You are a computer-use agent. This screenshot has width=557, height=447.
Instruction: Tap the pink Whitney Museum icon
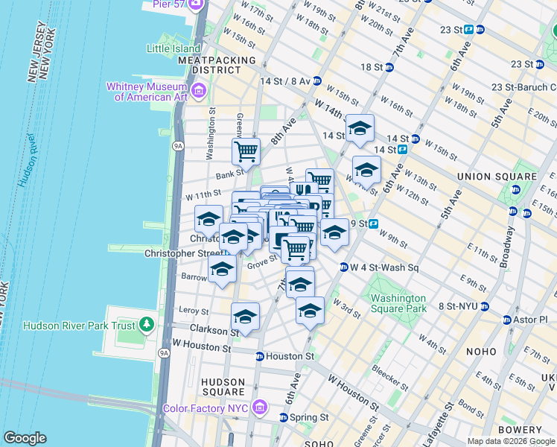(199, 91)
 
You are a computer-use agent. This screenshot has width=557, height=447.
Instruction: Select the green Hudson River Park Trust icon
(147, 324)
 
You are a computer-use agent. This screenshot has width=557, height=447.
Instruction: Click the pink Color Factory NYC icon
(259, 407)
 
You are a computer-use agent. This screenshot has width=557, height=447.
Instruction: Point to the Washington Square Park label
(398, 302)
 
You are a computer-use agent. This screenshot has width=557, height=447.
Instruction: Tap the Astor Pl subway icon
(507, 320)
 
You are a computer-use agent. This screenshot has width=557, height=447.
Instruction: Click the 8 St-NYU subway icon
(484, 306)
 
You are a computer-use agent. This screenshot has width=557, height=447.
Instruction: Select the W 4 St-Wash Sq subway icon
(344, 267)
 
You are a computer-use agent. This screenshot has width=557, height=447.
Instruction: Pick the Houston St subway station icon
(259, 356)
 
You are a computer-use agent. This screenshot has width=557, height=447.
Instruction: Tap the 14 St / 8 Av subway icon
(316, 80)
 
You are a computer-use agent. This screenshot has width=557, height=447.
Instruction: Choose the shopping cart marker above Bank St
(246, 151)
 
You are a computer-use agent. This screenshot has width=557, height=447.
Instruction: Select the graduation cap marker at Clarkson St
(245, 317)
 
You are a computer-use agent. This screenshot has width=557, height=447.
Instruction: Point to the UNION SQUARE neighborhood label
(497, 177)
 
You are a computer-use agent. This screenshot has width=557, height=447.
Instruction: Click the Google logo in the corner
(25, 438)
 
